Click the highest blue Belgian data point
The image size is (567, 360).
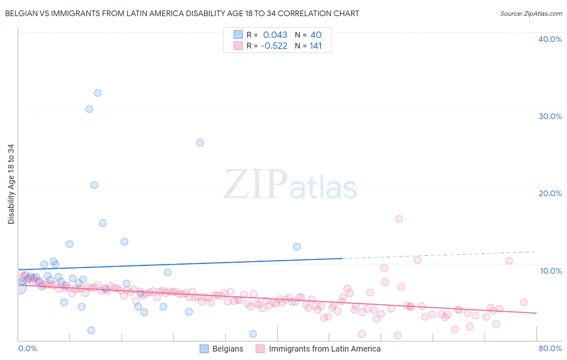[98, 93]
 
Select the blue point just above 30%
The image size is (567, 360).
[89, 109]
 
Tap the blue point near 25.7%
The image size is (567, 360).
[200, 143]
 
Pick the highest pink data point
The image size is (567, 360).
[399, 219]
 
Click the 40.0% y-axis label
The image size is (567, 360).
[550, 39]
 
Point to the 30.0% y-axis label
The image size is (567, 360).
[550, 116]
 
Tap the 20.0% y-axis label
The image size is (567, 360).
[550, 193]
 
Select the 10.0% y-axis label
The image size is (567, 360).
[551, 271]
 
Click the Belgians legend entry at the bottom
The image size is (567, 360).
[227, 349]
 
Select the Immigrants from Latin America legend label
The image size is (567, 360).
[325, 349]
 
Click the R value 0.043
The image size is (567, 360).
[275, 35]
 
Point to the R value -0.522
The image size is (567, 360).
[274, 46]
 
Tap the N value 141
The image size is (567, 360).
[316, 46]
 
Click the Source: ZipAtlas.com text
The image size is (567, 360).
[531, 14]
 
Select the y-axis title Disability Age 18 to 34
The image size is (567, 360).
[11, 184]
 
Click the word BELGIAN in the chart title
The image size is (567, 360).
[22, 14]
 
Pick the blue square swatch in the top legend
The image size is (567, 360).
[238, 35]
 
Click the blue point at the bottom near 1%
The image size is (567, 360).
[253, 334]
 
